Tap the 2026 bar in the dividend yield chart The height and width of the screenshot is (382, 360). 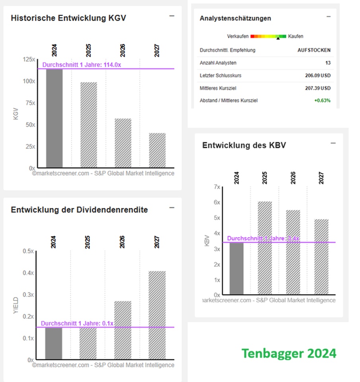point(122,330)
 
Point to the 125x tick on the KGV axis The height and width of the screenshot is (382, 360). point(29,59)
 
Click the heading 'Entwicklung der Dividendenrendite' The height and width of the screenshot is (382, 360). point(79,210)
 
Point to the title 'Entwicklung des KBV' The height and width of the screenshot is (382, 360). point(244,145)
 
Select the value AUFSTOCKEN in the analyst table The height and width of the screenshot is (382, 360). point(314,51)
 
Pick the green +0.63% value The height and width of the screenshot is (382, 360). point(322,101)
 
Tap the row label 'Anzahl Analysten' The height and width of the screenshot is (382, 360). point(218,63)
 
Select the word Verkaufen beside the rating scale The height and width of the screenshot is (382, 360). point(238,36)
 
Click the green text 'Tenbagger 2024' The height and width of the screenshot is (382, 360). point(289,353)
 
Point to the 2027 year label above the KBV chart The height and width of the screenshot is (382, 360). point(321,177)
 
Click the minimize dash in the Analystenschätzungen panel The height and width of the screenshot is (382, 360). point(329,16)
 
